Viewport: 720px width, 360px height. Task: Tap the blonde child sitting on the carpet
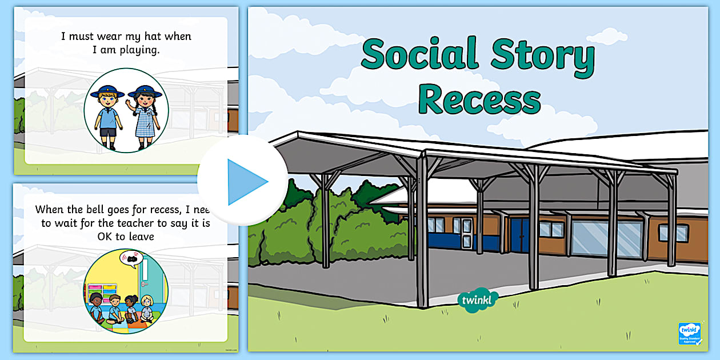(x=147, y=309)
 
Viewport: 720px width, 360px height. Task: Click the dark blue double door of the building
(x=520, y=234)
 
